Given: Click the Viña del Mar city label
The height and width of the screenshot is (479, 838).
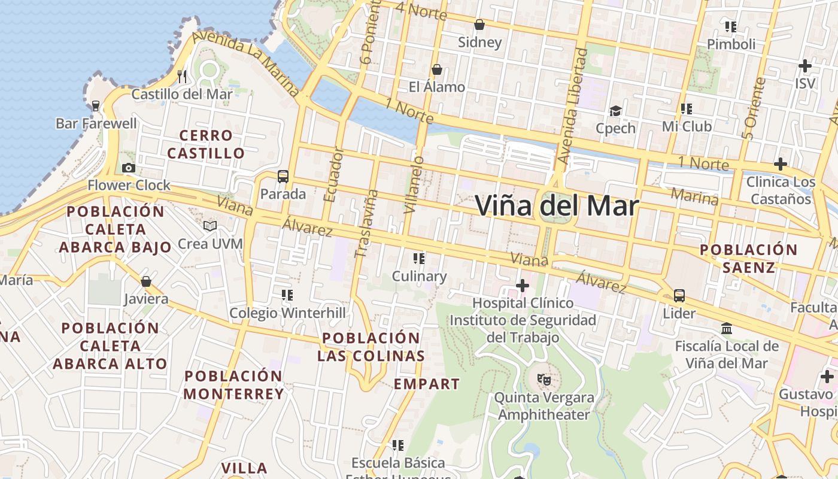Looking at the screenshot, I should pos(557,206).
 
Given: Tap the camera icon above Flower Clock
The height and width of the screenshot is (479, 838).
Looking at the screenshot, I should pos(128,168).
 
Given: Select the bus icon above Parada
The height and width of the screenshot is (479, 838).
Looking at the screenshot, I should pos(283,177).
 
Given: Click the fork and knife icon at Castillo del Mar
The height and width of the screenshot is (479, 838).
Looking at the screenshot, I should pos(183,76).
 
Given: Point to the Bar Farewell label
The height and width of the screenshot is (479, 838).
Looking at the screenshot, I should pos(96,124).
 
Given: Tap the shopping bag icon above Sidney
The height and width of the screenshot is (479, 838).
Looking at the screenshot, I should pos(479,25).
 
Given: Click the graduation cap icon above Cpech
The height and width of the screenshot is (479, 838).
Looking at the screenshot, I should pos(615,111).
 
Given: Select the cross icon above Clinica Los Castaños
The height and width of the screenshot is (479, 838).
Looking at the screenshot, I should pos(780,163).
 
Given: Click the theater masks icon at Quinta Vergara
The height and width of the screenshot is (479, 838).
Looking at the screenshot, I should pos(544,379).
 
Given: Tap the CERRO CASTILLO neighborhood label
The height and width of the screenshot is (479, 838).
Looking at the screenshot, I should pos(206,144).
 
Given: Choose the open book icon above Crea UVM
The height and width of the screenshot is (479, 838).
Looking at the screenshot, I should pos(209,226).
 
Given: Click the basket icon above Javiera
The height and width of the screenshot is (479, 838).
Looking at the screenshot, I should pos(146,281).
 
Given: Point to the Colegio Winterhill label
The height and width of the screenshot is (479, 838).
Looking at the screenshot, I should pos(288,313).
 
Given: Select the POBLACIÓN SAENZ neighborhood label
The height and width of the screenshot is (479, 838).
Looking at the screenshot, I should pos(748,258).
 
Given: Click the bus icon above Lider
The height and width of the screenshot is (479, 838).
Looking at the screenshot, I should pos(679,295).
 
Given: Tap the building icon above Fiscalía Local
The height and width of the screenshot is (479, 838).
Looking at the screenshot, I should pos(727,328).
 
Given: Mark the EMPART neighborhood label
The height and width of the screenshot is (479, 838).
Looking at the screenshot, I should pos(427,384).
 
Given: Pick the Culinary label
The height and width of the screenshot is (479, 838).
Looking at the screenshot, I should pos(419,277).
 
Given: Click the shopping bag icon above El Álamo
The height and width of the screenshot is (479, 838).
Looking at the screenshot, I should pos(437,69).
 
